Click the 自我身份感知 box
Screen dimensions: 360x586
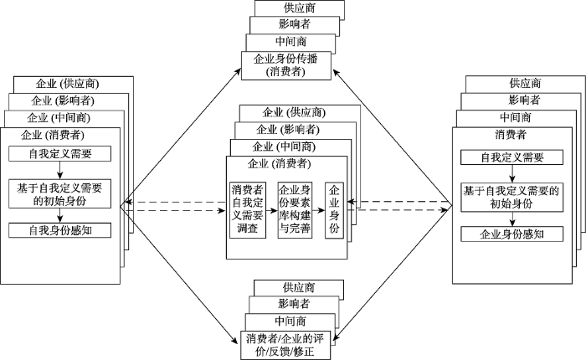click(x=59, y=229)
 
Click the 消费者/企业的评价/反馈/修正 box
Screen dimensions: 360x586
click(x=290, y=344)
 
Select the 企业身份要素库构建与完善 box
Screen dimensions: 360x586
click(x=295, y=208)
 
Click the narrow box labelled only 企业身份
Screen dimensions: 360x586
click(x=335, y=208)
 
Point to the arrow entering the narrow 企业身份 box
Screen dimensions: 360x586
click(x=318, y=208)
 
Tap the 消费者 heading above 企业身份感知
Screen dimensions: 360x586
click(x=511, y=135)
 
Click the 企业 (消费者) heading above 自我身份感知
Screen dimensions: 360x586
click(x=52, y=134)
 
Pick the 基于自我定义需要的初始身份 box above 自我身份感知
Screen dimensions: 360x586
click(x=59, y=194)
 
